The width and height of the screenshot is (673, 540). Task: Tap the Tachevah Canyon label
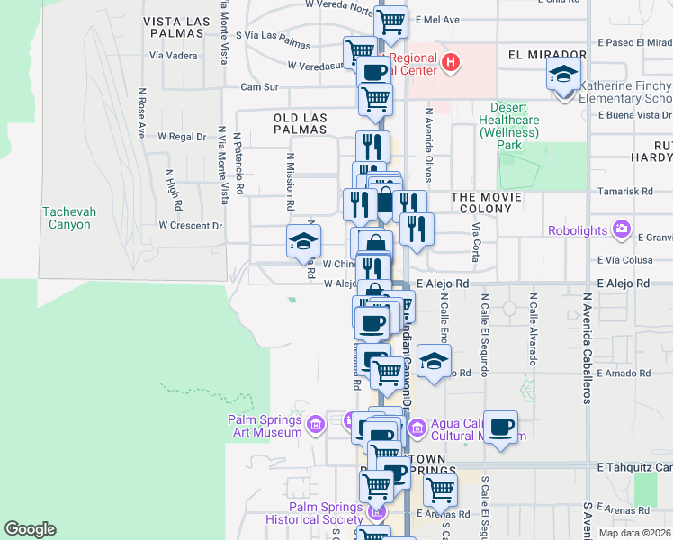[x=67, y=218]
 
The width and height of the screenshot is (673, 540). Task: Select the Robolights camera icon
[x=622, y=229]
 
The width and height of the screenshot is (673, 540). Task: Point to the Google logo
[x=31, y=529]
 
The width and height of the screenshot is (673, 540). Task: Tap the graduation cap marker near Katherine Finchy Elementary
[x=563, y=75]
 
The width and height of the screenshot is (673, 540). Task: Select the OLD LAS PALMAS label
[x=310, y=124]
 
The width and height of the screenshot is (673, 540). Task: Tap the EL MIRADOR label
[x=541, y=54]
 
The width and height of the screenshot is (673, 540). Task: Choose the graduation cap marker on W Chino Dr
[x=303, y=240]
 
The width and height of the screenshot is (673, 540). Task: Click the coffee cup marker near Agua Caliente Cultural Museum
[x=501, y=426]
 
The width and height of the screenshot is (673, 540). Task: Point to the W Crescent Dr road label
[x=190, y=225]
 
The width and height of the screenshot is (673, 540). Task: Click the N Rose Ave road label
[x=141, y=112]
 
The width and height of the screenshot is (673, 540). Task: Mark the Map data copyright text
[x=634, y=533]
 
